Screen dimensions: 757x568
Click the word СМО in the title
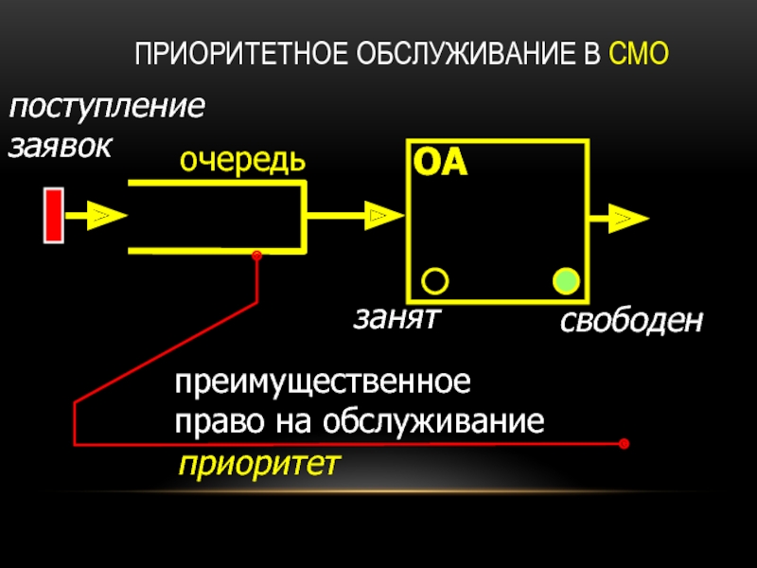[640, 56]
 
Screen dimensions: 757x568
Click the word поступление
[106, 107]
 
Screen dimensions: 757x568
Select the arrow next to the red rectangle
[95, 216]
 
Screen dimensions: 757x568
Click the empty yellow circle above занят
[434, 281]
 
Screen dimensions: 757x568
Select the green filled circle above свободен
[565, 281]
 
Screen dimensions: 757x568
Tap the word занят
[398, 317]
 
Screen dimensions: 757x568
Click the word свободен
[630, 322]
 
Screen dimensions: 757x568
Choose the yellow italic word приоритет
[258, 465]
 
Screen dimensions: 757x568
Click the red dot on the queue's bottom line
[255, 255]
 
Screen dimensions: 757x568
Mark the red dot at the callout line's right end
[623, 443]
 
